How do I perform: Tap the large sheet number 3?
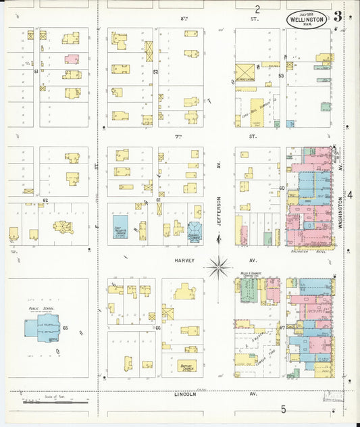point(337,16)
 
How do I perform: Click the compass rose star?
point(218,267)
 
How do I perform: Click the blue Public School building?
point(41,328)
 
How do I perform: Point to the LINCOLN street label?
point(184,394)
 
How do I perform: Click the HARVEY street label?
point(184,260)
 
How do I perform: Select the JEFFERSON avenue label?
point(218,213)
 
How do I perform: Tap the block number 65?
point(66,328)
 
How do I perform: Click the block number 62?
point(45,201)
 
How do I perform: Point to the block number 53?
point(281,76)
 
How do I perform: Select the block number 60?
point(282,188)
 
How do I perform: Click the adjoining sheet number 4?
point(350,195)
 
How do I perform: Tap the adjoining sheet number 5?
point(284,409)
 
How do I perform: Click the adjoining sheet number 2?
point(257,9)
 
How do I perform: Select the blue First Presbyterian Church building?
point(122,223)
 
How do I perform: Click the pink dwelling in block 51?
point(72,59)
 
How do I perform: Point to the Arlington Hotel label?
point(307,250)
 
